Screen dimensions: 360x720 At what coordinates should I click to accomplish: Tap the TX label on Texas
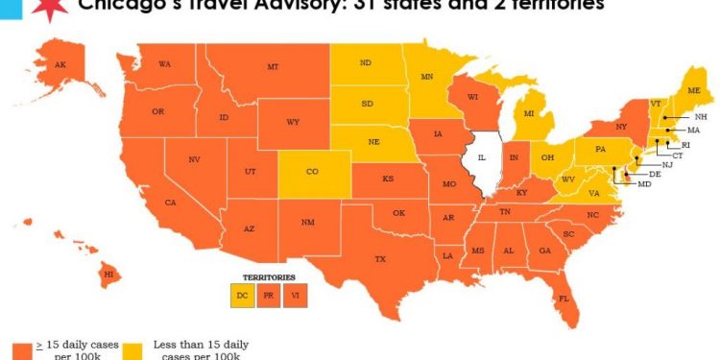coord(379,259)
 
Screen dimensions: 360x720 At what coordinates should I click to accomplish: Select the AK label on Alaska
coord(60,64)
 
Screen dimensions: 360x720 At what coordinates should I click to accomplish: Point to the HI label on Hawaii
coord(108,274)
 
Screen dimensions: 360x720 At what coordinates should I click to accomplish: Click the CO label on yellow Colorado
coord(312,173)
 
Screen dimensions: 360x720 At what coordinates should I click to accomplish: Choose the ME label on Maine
coord(694,90)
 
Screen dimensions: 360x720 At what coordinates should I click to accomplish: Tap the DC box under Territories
coord(242,296)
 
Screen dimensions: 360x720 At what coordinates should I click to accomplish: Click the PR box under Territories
coord(268,296)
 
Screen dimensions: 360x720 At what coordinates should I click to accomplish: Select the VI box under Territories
coord(295,296)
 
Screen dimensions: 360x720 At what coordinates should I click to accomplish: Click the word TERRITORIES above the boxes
coord(268,277)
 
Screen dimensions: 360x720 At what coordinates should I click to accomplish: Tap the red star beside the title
coord(44,8)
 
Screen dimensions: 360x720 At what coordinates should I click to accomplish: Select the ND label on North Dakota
coord(366,64)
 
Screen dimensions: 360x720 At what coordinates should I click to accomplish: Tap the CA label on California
coord(170,202)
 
